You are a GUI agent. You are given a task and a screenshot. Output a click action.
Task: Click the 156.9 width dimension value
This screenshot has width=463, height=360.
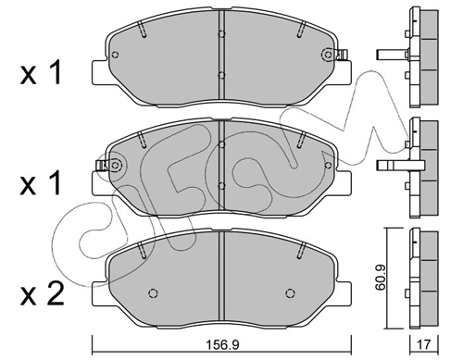click(x=222, y=344)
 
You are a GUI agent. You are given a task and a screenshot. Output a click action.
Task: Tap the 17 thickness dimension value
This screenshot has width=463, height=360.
click(x=424, y=344)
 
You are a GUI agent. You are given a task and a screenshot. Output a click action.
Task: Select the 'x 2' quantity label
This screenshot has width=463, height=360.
click(x=42, y=293)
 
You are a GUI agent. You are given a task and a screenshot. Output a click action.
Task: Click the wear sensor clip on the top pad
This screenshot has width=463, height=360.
click(x=342, y=55)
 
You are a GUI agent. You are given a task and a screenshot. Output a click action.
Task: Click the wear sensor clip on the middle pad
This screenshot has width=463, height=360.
click(x=101, y=166)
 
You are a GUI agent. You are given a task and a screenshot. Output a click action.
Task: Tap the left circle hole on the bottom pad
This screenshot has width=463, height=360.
click(x=154, y=292)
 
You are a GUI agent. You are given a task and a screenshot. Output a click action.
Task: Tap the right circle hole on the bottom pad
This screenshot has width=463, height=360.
click(x=290, y=292)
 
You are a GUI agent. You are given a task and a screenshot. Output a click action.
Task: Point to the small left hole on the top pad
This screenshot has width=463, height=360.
click(x=115, y=55)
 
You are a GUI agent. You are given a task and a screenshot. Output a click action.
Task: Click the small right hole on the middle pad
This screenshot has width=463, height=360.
click(x=329, y=166)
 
